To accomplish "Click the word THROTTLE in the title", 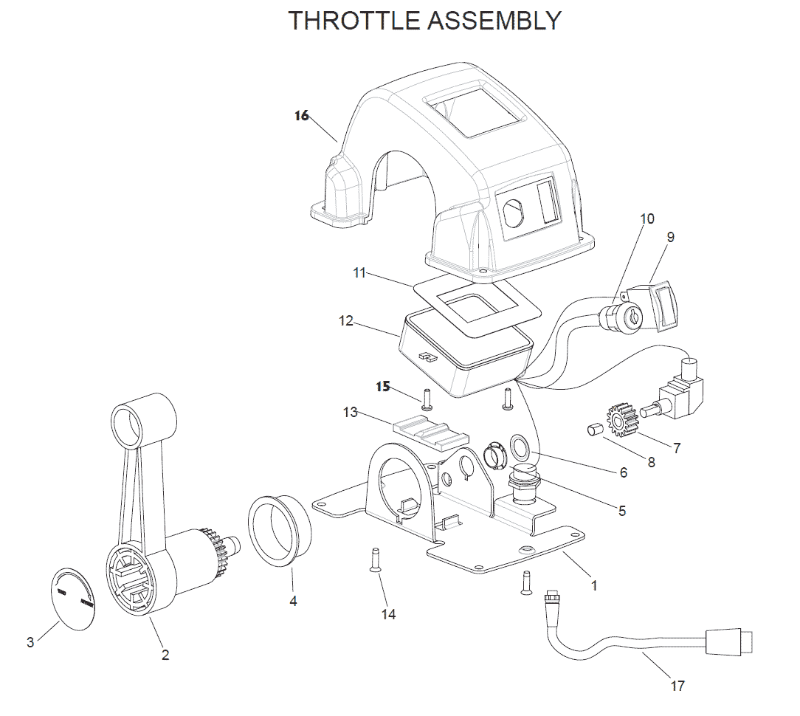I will click(353, 21).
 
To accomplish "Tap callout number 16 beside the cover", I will click(301, 116).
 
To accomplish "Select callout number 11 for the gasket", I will click(359, 273).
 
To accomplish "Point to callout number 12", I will click(346, 321).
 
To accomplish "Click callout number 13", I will click(350, 412).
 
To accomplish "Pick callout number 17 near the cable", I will click(677, 686).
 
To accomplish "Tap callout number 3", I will click(30, 642).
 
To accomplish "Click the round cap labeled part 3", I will click(73, 597).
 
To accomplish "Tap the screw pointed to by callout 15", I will click(426, 399).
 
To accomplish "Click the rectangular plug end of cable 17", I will click(728, 641).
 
